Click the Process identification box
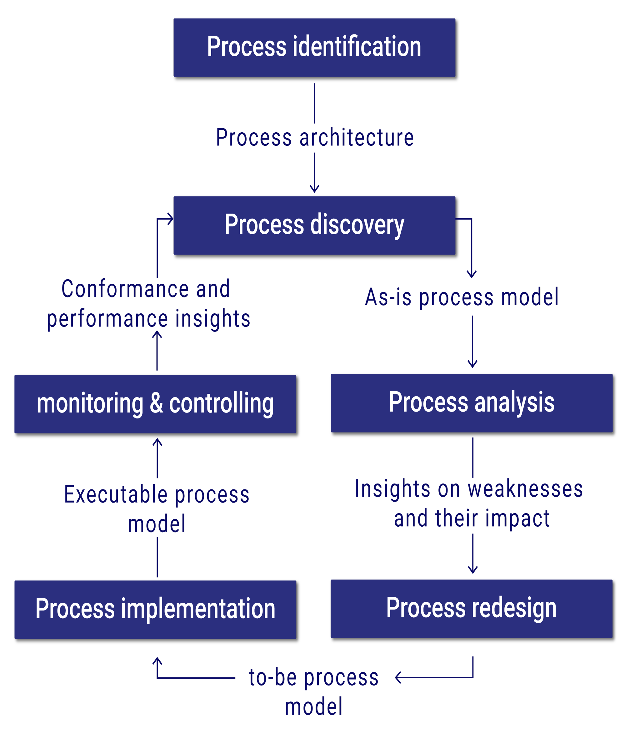pyautogui.click(x=314, y=48)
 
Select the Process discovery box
pyautogui.click(x=314, y=225)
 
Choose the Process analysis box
pyautogui.click(x=471, y=403)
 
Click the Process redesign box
pyautogui.click(x=471, y=609)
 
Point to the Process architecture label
pyautogui.click(x=315, y=138)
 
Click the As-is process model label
pyautogui.click(x=461, y=297)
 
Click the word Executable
pyautogui.click(x=116, y=495)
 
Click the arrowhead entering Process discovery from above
pyautogui.click(x=314, y=189)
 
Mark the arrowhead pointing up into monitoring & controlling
pyautogui.click(x=157, y=442)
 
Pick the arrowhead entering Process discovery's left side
pyautogui.click(x=171, y=219)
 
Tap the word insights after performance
pyautogui.click(x=213, y=319)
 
